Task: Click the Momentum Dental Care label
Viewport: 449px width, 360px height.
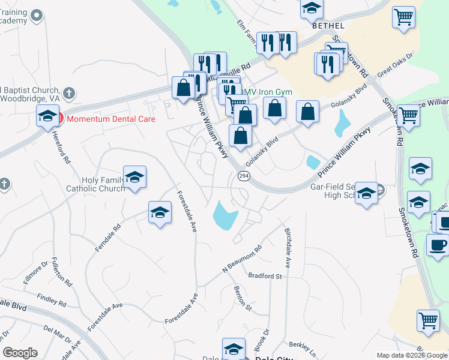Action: click(x=111, y=119)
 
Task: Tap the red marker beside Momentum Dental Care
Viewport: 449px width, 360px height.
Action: click(x=59, y=118)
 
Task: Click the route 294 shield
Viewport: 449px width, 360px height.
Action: click(x=243, y=176)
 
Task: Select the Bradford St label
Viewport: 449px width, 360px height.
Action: click(x=265, y=276)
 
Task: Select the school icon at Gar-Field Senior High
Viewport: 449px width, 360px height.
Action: click(x=366, y=193)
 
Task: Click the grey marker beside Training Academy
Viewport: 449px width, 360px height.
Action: click(x=37, y=16)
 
